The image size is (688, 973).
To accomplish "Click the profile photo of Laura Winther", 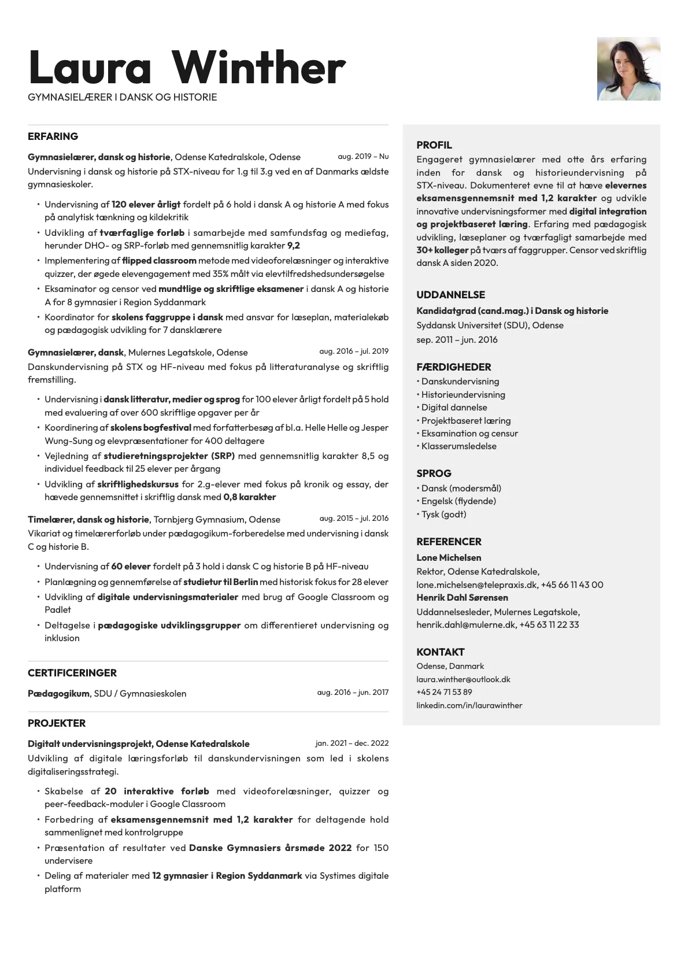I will tap(628, 69).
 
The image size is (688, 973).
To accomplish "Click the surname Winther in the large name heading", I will tap(258, 68).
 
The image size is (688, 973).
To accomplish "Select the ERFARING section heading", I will tap(53, 136).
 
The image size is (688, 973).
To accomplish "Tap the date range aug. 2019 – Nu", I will tap(363, 157).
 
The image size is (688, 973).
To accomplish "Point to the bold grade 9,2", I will tap(294, 246).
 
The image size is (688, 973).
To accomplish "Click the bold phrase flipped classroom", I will tap(159, 261).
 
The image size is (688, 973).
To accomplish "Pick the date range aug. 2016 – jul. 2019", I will tap(354, 352).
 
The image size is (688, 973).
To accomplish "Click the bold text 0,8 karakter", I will tap(250, 497).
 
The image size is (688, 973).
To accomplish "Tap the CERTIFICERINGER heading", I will tap(72, 673).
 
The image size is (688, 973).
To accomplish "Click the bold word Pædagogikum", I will tap(58, 693).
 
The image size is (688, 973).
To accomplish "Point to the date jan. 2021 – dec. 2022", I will tap(352, 743).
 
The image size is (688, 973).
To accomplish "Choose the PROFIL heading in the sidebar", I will tap(434, 145).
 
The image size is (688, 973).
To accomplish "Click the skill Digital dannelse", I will tap(454, 408).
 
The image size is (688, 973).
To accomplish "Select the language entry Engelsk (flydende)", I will tap(458, 501).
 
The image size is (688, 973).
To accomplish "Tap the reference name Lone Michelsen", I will tap(449, 558).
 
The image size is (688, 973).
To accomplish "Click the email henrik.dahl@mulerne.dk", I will tap(465, 625).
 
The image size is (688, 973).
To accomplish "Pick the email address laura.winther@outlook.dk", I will tap(463, 679).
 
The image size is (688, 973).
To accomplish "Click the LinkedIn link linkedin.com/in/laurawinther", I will tap(469, 705).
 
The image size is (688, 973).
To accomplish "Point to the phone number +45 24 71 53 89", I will tap(444, 692).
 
